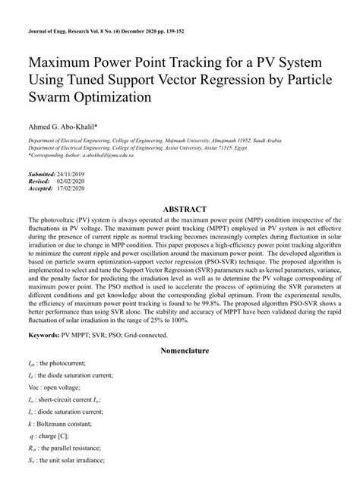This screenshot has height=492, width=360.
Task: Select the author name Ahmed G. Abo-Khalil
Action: click(x=68, y=128)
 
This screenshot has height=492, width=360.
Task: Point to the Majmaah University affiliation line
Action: click(x=152, y=143)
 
